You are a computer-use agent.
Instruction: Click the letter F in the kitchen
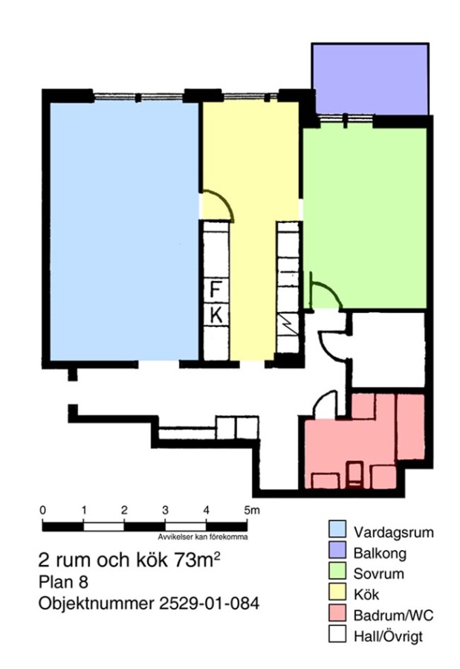click(216, 289)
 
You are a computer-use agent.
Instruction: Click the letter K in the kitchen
click(216, 316)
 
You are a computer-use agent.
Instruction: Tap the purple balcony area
click(370, 80)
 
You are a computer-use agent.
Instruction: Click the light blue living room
click(125, 231)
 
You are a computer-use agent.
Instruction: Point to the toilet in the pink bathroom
click(354, 475)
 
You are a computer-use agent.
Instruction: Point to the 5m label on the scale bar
click(251, 510)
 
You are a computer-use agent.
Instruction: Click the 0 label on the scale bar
click(42, 510)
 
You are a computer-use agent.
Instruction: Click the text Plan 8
click(63, 582)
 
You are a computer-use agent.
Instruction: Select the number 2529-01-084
click(209, 604)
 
